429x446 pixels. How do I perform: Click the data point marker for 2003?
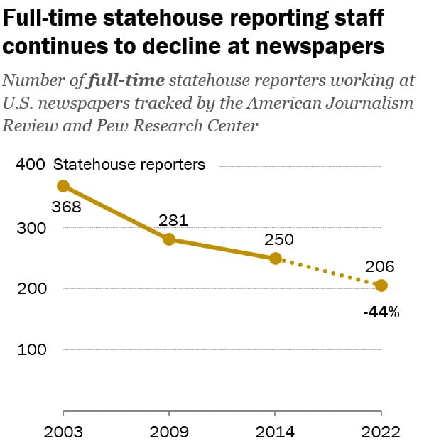63,186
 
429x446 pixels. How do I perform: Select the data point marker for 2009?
169,239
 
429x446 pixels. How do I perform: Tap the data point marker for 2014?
276,259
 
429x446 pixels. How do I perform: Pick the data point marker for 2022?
381,285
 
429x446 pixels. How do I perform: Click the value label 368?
67,207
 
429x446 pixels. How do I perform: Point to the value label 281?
173,220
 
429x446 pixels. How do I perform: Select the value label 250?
279,239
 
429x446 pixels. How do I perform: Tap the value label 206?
379,267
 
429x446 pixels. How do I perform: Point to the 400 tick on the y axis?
29,165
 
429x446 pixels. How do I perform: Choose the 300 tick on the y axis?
29,228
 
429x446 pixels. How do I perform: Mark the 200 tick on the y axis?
29,289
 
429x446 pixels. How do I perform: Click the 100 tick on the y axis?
29,350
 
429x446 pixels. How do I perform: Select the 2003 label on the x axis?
63,432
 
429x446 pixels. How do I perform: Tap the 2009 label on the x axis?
169,432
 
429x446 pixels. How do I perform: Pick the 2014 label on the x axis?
276,432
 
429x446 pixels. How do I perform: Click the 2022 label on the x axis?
381,432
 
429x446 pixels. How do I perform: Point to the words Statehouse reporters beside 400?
129,165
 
